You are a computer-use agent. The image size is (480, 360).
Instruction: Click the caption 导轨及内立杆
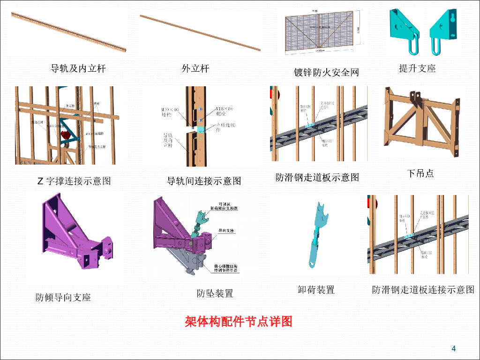pyautogui.click(x=78, y=69)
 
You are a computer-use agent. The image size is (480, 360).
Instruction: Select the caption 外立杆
pyautogui.click(x=195, y=69)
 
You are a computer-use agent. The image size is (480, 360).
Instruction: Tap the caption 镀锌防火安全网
pyautogui.click(x=326, y=72)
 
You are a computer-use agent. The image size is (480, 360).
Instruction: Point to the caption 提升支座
pyautogui.click(x=417, y=68)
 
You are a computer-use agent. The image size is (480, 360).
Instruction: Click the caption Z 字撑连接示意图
pyautogui.click(x=74, y=181)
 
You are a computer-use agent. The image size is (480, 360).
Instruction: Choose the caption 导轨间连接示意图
pyautogui.click(x=204, y=180)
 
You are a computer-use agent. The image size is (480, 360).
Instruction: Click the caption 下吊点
pyautogui.click(x=420, y=173)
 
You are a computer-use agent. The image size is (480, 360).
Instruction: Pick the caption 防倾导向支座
pyautogui.click(x=63, y=297)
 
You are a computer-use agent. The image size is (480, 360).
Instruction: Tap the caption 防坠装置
pyautogui.click(x=215, y=293)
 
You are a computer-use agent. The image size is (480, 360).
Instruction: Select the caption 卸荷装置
pyautogui.click(x=316, y=290)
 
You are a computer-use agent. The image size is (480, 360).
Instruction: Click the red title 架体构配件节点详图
pyautogui.click(x=239, y=322)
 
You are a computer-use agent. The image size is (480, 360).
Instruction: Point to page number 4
pyautogui.click(x=453, y=348)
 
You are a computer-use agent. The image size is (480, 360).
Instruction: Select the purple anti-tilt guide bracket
pyautogui.click(x=75, y=234)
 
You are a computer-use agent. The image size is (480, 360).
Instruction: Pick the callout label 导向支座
pyautogui.click(x=226, y=231)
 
